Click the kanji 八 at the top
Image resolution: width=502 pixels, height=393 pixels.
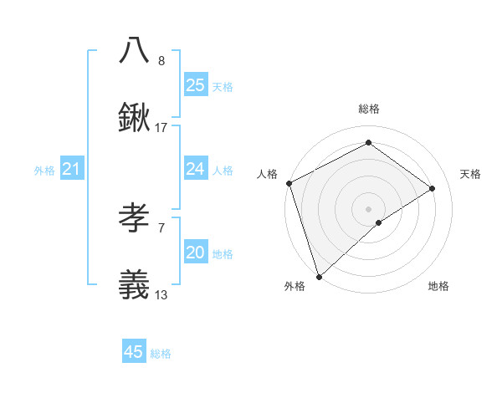[x=135, y=51]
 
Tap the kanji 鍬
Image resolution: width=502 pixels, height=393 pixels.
[x=135, y=118]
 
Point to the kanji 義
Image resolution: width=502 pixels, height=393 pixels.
[x=135, y=283]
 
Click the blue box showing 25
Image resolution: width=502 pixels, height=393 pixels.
[x=195, y=85]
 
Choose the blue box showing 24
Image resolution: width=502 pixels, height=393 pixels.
[x=195, y=169]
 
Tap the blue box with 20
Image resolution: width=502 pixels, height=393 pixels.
[x=195, y=253]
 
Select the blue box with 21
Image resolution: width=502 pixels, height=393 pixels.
[x=71, y=170]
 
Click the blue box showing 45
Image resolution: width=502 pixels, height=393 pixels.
[x=134, y=352]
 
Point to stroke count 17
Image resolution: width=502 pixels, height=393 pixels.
[x=161, y=128]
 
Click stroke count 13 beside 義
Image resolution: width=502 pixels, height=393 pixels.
[x=161, y=294]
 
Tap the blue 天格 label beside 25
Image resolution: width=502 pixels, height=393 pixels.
[x=222, y=86]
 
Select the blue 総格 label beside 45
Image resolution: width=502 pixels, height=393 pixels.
[x=161, y=354]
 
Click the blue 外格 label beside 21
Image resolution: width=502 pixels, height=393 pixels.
[x=44, y=171]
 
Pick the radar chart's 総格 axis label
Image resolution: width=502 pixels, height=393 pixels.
[x=368, y=109]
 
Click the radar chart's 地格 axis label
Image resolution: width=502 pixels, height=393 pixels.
[x=438, y=286]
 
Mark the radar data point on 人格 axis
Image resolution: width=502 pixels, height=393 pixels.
[x=288, y=183]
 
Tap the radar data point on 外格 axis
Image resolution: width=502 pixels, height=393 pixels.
[x=318, y=276]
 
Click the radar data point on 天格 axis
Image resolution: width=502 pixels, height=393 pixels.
[x=433, y=188]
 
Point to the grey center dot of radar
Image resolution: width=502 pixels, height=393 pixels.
[x=368, y=208]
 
